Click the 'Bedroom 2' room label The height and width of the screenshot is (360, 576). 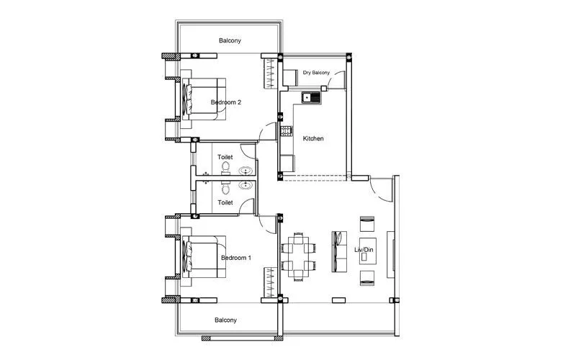coord(225,102)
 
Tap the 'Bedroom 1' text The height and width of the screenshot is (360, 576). coord(235,258)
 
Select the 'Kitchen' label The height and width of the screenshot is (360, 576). coord(313,138)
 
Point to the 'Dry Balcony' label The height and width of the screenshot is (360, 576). coord(316,73)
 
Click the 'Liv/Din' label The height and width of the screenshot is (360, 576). coord(366,250)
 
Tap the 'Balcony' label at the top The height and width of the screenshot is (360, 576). coord(230,41)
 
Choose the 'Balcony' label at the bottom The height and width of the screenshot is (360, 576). coord(225,320)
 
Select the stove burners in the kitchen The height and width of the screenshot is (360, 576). coord(286,130)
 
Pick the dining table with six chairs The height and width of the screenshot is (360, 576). coord(298,255)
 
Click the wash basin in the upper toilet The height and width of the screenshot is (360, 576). coord(246,171)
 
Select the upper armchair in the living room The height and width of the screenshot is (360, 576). coord(366,221)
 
